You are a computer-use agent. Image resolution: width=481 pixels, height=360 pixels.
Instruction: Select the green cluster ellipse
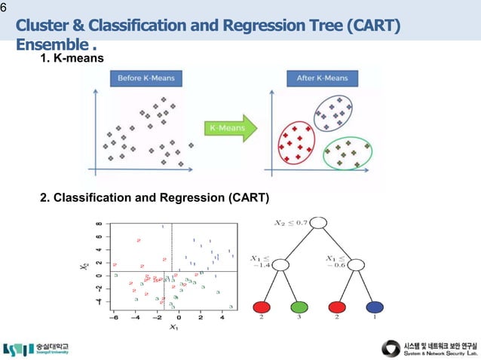click(x=348, y=152)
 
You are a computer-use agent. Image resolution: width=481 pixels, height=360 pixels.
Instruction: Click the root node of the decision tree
click(x=318, y=223)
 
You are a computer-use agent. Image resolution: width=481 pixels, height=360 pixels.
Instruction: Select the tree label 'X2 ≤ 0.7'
click(x=290, y=222)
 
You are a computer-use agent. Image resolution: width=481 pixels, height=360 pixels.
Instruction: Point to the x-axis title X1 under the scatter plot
click(x=173, y=327)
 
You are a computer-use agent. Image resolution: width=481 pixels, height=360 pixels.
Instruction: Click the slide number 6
click(x=3, y=7)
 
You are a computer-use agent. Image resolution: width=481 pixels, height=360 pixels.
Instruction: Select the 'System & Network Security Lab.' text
click(x=441, y=352)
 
